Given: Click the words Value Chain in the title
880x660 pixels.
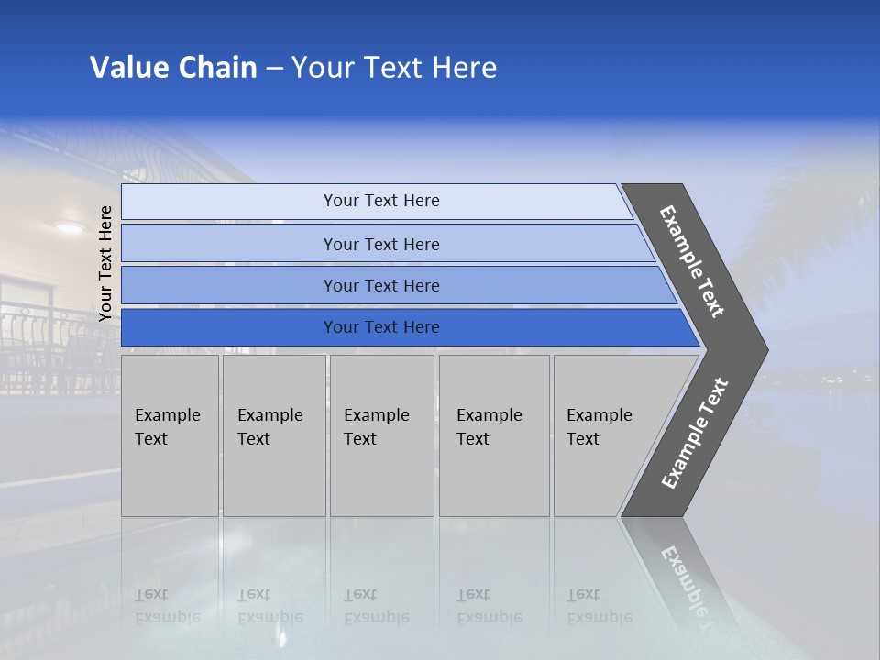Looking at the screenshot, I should pyautogui.click(x=173, y=67).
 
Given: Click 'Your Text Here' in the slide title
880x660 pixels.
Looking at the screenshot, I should pyautogui.click(x=394, y=67).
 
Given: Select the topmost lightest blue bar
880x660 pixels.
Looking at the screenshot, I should pyautogui.click(x=381, y=201).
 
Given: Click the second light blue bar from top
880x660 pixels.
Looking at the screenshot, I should pyautogui.click(x=381, y=244).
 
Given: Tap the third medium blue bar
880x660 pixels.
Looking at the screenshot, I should pyautogui.click(x=381, y=285).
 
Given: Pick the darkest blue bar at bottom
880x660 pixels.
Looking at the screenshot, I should pyautogui.click(x=381, y=327).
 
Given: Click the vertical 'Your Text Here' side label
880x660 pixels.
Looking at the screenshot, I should pyautogui.click(x=105, y=264).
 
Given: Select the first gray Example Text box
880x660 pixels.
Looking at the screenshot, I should pyautogui.click(x=170, y=434).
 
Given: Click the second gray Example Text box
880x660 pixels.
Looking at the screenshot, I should pyautogui.click(x=273, y=434).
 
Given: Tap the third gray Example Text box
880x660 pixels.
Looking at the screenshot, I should pyautogui.click(x=381, y=434).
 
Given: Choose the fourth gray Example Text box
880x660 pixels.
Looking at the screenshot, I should pyautogui.click(x=493, y=434).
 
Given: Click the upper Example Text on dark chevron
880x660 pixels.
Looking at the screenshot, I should pyautogui.click(x=692, y=261).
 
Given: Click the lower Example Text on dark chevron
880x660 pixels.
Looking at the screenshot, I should pyautogui.click(x=695, y=433).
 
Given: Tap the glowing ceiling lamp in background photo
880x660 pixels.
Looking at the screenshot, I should pyautogui.click(x=69, y=226).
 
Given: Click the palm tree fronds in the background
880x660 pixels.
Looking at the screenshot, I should pyautogui.click(x=825, y=220).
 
